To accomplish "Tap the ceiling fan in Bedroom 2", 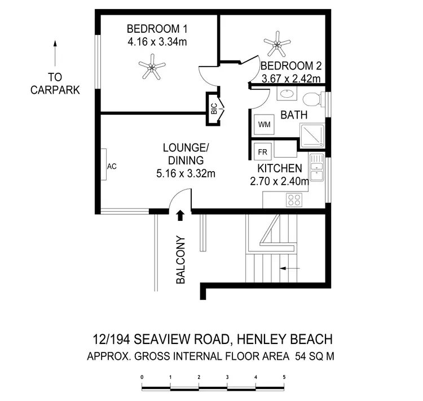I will pyautogui.click(x=277, y=41).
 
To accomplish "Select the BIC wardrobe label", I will pyautogui.click(x=214, y=109).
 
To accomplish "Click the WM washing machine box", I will pyautogui.click(x=263, y=124).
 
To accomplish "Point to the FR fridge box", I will pyautogui.click(x=262, y=151).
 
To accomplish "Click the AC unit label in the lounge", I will pyautogui.click(x=111, y=167).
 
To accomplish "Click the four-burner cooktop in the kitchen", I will pyautogui.click(x=295, y=199).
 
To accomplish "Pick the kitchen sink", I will pyautogui.click(x=317, y=168).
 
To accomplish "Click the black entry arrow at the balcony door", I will pyautogui.click(x=180, y=215).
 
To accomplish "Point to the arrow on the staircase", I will pyautogui.click(x=289, y=269).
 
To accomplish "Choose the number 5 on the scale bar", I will pyautogui.click(x=284, y=376).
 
